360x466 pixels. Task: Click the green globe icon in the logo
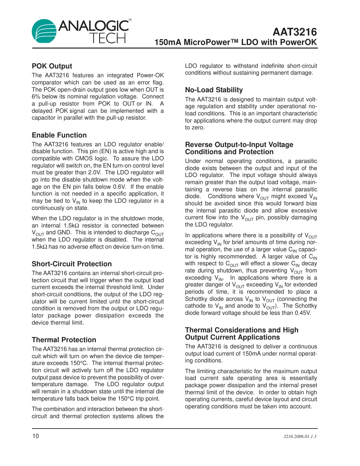pos(44,31)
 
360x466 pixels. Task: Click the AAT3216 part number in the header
pos(295,32)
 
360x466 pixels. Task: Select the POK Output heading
pos(52,66)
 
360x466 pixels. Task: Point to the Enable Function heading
pos(59,135)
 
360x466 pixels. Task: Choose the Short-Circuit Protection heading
pos(72,264)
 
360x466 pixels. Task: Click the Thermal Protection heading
pos(64,340)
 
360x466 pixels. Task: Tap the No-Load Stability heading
pos(214,90)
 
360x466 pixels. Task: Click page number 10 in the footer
pos(35,436)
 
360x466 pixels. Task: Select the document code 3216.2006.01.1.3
pos(300,437)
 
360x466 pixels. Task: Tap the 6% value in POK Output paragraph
pos(36,97)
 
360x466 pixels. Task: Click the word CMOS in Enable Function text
pos(84,159)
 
